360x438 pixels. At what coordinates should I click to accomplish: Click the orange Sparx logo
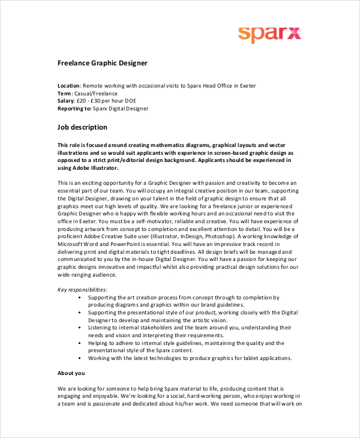(269, 33)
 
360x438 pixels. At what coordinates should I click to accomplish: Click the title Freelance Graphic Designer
(102, 63)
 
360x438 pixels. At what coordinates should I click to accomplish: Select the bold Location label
(68, 86)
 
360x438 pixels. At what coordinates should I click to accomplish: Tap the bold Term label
(65, 94)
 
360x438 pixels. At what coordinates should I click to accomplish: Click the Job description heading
(82, 127)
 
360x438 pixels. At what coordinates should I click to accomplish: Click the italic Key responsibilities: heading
(82, 290)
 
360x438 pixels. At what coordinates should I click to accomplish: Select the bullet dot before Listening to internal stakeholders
(80, 328)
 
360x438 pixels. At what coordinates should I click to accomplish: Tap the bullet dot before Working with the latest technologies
(80, 358)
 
